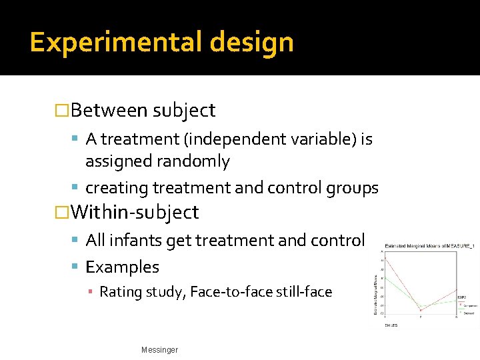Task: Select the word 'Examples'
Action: [x=123, y=267]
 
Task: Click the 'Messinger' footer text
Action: [x=160, y=350]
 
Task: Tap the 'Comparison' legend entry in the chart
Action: [x=466, y=301]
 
